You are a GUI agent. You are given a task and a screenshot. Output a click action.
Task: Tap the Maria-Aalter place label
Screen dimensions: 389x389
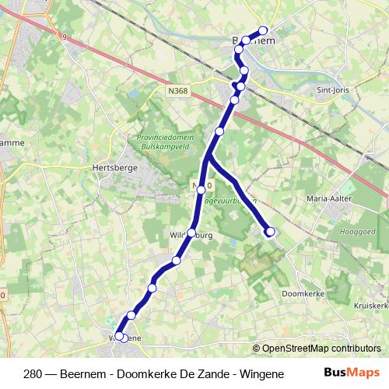331,198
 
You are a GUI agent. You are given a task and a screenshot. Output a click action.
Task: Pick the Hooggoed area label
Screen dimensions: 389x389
357,232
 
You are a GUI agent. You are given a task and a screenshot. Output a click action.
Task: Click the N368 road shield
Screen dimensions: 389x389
177,91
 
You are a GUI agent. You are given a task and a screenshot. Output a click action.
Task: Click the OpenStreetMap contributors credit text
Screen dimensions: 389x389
321,349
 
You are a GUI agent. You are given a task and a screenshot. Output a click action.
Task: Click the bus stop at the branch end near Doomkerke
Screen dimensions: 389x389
271,231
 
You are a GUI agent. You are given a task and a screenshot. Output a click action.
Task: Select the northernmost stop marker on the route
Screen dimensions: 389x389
263,32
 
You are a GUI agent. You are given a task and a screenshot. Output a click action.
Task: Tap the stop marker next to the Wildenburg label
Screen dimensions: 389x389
191,233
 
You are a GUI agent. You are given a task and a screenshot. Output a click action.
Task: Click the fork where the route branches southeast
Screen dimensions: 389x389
209,158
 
